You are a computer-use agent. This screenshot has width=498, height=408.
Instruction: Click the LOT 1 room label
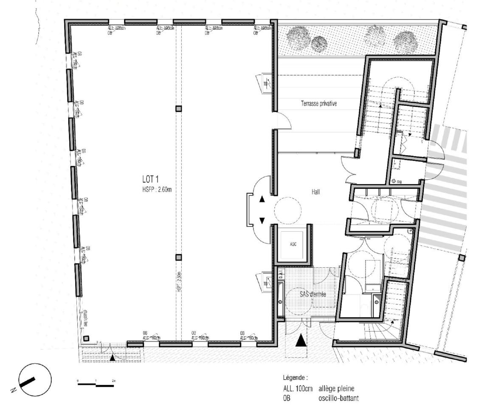[151, 180]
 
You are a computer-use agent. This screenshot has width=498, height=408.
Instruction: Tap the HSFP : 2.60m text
[158, 190]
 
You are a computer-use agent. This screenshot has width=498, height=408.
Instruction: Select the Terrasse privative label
[319, 103]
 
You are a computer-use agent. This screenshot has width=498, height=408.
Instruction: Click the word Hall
[315, 192]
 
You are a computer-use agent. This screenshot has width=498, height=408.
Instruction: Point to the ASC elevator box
[293, 245]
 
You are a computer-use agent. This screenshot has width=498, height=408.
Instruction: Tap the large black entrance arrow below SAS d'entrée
[301, 340]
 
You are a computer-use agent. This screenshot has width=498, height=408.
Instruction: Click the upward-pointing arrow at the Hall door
[262, 199]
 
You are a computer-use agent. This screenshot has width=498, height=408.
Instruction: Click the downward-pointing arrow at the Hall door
[262, 220]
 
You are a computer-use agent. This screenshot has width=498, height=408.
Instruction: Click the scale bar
[96, 385]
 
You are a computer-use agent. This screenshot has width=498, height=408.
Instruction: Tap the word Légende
[295, 377]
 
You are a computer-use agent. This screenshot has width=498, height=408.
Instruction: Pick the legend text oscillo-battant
[338, 398]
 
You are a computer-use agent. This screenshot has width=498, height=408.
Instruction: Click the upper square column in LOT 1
[179, 108]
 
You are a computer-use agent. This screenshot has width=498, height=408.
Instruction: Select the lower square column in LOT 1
[179, 257]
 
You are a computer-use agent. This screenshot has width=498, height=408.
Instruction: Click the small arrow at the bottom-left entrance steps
[112, 358]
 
